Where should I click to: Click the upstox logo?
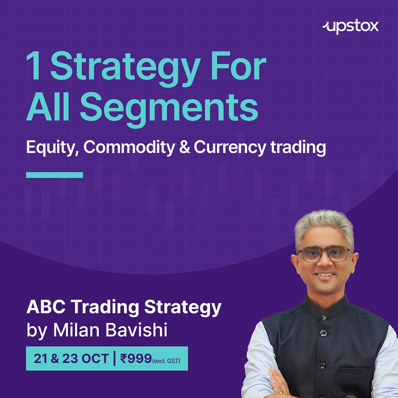[x=351, y=27]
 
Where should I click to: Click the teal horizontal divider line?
[x=54, y=175]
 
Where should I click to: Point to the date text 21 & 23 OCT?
[x=71, y=358]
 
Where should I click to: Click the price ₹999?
[x=136, y=358]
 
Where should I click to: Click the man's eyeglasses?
[x=325, y=254]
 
